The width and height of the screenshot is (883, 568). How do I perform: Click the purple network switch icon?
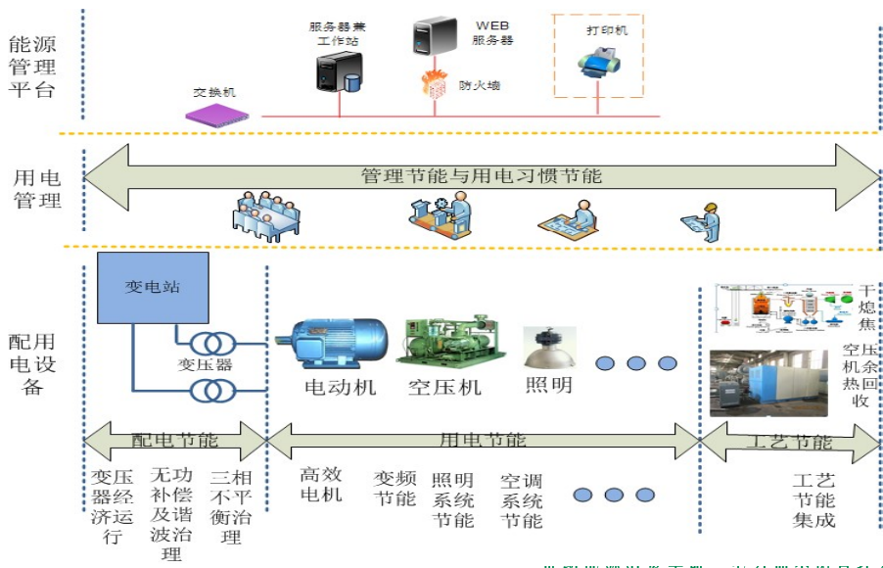[x=216, y=113]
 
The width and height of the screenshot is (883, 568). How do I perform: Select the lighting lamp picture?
[x=548, y=346]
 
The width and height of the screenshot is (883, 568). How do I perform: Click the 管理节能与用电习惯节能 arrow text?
[x=481, y=177]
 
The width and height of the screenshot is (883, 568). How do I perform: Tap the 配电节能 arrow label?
[x=175, y=440]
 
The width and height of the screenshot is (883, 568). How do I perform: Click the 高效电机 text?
[x=321, y=484]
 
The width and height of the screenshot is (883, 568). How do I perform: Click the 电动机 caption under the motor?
[x=340, y=387]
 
